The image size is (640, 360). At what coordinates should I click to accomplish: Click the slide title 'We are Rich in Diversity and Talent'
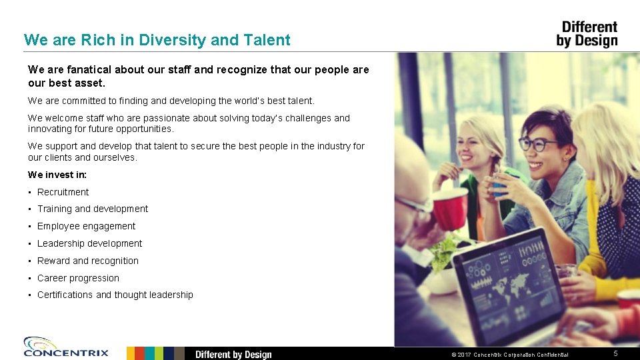pyautogui.click(x=157, y=40)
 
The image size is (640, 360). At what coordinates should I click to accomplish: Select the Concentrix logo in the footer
pyautogui.click(x=65, y=347)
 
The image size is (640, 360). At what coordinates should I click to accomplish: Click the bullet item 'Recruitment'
pyautogui.click(x=63, y=192)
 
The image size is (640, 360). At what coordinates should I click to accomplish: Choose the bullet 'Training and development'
pyautogui.click(x=93, y=209)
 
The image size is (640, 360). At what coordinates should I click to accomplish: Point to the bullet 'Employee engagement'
pyautogui.click(x=86, y=226)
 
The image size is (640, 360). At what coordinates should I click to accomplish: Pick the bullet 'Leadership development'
pyautogui.click(x=89, y=243)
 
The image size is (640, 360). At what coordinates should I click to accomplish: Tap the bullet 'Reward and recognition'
pyautogui.click(x=88, y=261)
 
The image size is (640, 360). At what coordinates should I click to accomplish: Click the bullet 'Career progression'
pyautogui.click(x=78, y=278)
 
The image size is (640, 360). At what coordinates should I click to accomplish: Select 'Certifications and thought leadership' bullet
pyautogui.click(x=115, y=295)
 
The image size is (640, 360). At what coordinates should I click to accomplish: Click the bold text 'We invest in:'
pyautogui.click(x=57, y=175)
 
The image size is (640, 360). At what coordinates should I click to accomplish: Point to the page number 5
pyautogui.click(x=615, y=353)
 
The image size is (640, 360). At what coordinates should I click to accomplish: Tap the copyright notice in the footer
pyautogui.click(x=510, y=354)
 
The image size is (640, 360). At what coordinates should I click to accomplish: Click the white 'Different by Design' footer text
pyautogui.click(x=233, y=354)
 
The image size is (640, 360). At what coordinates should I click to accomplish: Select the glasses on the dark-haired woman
pyautogui.click(x=537, y=144)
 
